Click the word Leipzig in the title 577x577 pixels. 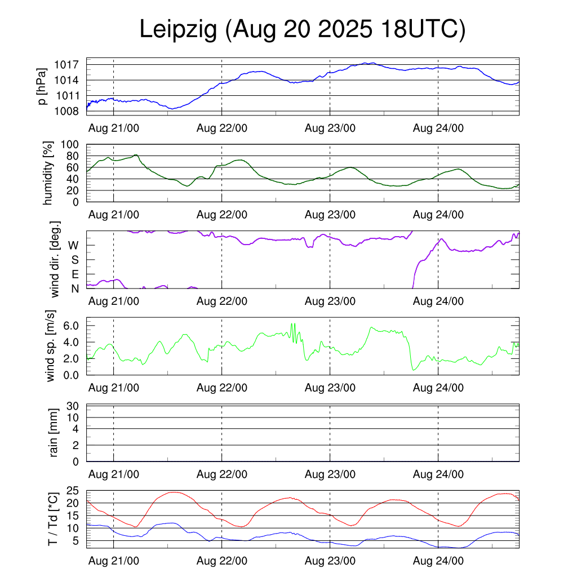click(178, 30)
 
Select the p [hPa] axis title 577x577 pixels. click(41, 86)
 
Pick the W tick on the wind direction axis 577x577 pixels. click(74, 245)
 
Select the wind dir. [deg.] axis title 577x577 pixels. click(55, 260)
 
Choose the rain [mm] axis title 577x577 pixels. click(54, 433)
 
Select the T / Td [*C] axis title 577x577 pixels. click(52, 519)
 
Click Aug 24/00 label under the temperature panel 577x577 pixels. click(438, 561)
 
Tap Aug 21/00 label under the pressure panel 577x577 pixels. click(114, 128)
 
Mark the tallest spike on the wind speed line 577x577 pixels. click(291, 324)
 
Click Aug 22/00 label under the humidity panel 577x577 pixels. click(222, 215)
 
